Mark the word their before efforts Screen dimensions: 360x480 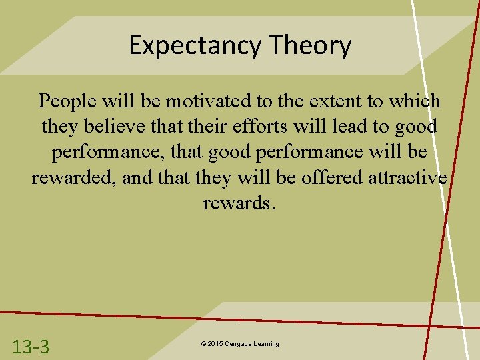coord(214,127)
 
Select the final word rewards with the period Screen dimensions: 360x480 coord(239,203)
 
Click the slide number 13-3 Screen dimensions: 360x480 coord(31,346)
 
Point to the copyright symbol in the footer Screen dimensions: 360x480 coord(202,344)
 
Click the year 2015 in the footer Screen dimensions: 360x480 coord(215,344)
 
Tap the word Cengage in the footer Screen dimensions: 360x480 coord(239,344)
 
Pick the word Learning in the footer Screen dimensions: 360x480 coord(267,344)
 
